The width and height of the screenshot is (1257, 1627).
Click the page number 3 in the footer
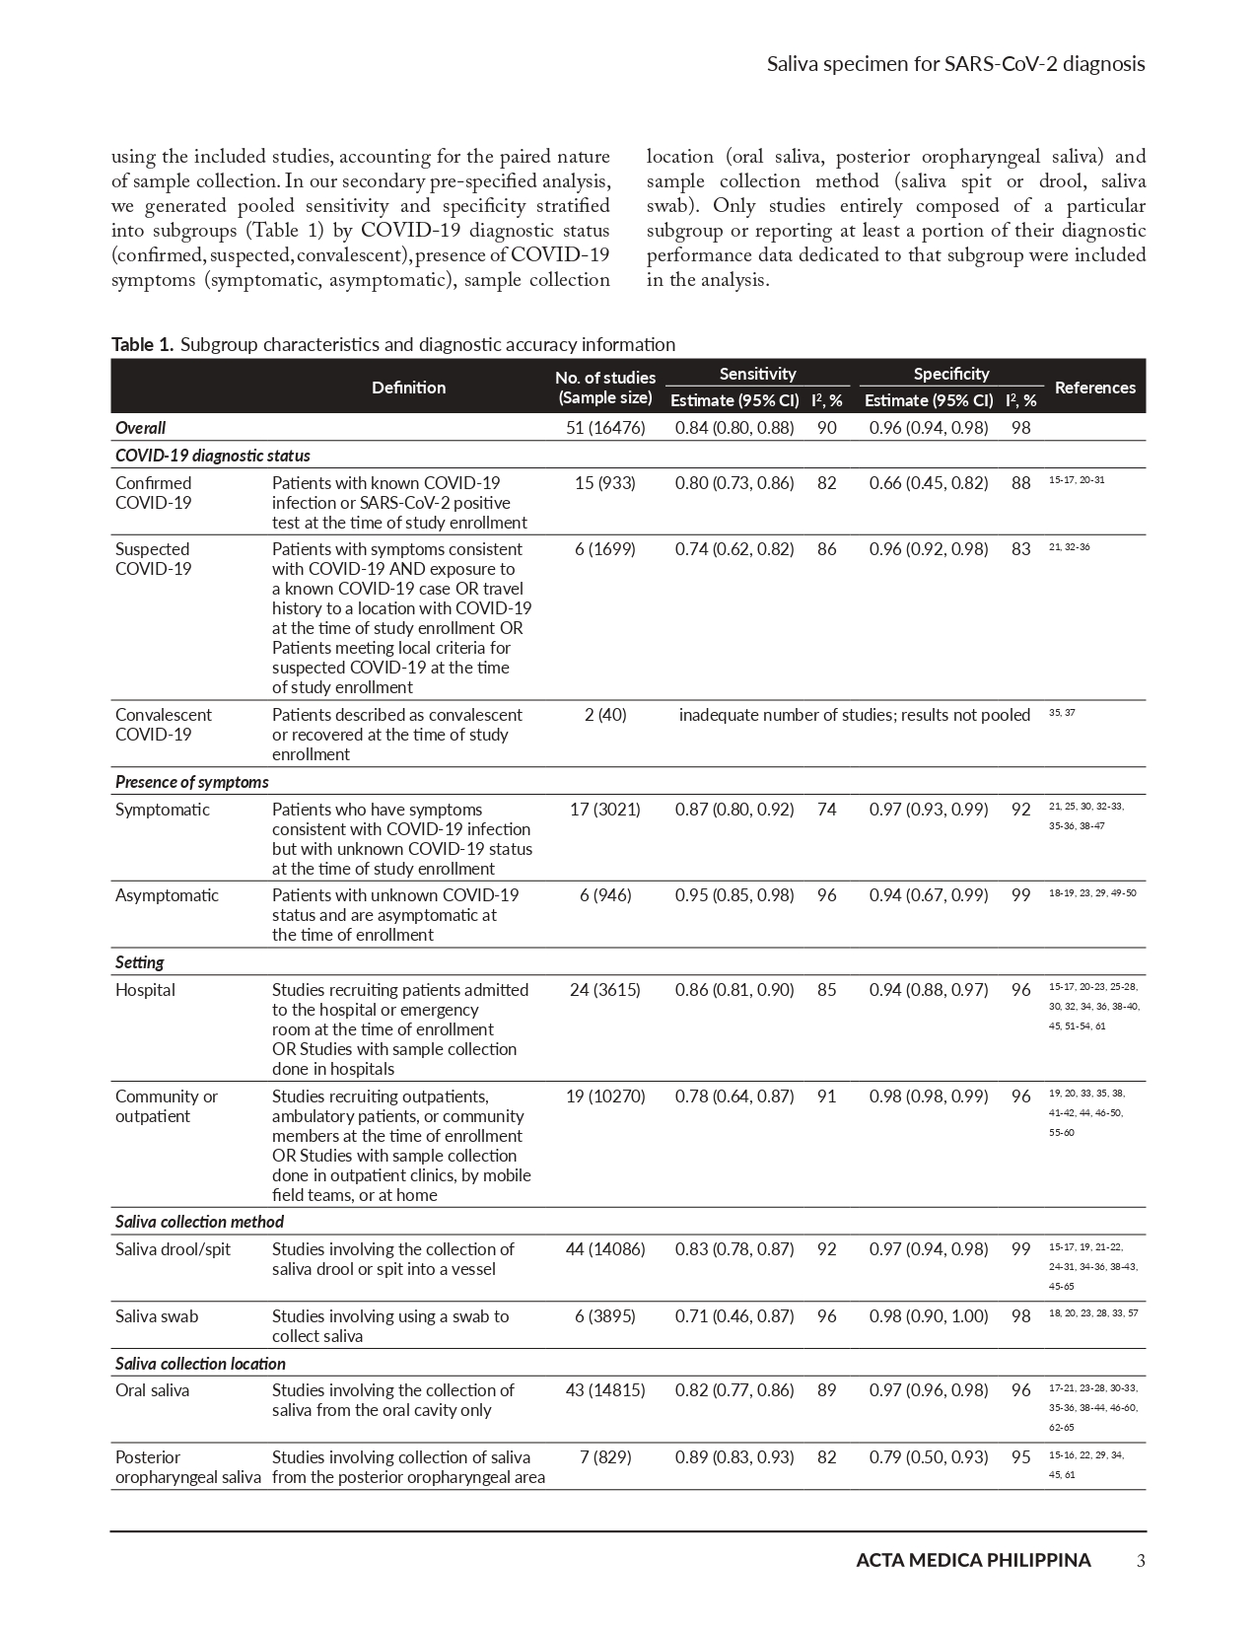click(1141, 1560)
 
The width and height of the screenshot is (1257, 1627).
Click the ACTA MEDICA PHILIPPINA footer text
click(973, 1560)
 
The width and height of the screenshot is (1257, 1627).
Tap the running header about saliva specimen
click(955, 64)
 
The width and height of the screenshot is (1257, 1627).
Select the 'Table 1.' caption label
click(143, 344)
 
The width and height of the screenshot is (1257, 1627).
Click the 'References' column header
click(1094, 388)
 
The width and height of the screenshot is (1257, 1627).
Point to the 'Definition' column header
click(408, 388)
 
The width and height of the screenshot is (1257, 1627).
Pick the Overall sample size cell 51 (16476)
click(605, 428)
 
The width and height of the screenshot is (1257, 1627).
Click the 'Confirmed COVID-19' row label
click(154, 493)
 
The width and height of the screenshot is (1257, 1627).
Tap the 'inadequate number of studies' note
click(854, 715)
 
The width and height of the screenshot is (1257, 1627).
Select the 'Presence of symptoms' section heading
click(191, 782)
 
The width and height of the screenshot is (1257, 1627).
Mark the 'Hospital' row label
click(145, 990)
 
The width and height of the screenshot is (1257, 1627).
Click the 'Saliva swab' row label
click(157, 1316)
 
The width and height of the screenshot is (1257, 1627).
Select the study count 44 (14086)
click(605, 1249)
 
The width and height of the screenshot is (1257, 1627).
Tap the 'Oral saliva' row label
click(152, 1390)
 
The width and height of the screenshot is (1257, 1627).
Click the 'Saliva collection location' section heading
click(200, 1364)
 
